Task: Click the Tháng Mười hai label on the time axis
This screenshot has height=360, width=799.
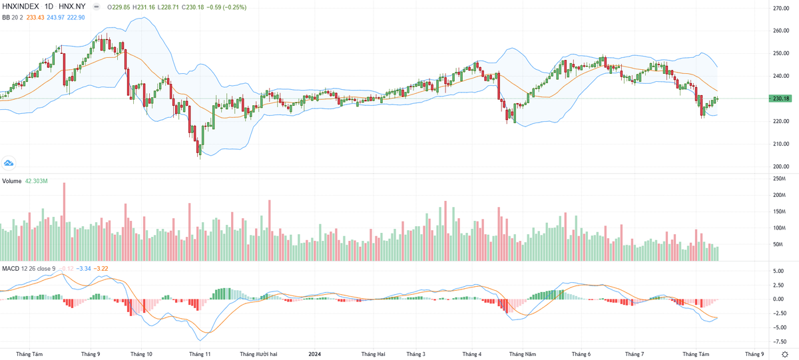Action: point(259,354)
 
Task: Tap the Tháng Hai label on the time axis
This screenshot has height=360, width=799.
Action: point(373,354)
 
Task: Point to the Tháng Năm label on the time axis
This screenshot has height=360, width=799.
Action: point(521,354)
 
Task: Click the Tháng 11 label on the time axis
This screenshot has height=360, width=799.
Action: point(200,354)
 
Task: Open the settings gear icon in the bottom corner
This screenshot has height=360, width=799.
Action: point(784,354)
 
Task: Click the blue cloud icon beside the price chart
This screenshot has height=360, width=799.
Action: point(9,163)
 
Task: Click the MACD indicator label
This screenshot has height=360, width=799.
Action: point(11,269)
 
